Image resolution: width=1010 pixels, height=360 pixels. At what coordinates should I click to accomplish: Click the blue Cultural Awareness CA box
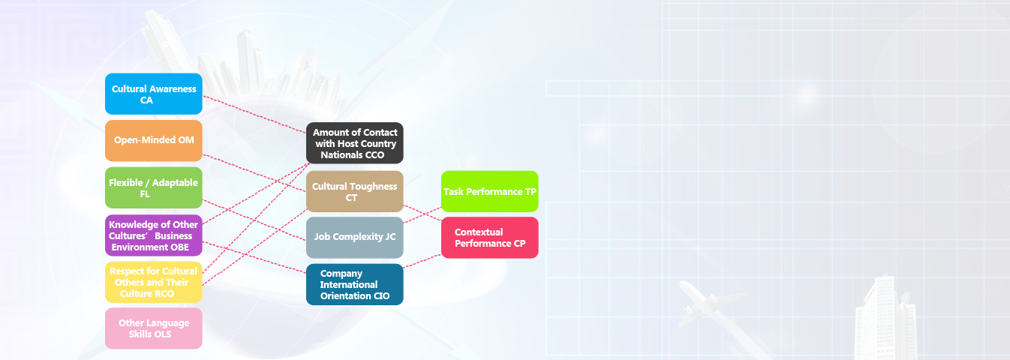[x=154, y=94]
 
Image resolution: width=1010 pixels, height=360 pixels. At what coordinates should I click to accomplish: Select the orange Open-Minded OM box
[x=154, y=140]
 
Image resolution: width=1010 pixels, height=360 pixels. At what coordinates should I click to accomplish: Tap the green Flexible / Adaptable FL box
[x=154, y=188]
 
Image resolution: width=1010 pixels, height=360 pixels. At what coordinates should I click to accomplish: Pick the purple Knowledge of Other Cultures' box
[x=154, y=235]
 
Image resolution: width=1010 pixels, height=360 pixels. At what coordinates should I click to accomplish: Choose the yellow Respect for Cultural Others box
[x=154, y=282]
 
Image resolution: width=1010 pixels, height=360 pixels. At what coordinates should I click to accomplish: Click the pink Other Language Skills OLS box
[x=154, y=328]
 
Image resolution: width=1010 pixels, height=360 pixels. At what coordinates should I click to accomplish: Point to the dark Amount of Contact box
[x=355, y=142]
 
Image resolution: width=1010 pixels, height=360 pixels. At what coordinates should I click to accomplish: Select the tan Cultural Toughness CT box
[x=355, y=191]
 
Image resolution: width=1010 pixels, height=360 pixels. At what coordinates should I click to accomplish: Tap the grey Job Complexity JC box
[x=355, y=238]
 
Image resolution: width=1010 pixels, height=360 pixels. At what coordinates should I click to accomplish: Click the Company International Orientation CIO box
[x=355, y=284]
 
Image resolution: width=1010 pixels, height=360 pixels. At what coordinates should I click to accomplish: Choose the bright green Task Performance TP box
[x=490, y=191]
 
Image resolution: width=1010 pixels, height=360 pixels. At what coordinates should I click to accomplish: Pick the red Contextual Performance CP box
[x=490, y=238]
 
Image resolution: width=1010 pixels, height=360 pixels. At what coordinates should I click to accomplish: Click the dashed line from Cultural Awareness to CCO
[x=254, y=115]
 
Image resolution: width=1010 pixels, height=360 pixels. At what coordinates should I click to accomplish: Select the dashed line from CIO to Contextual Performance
[x=422, y=261]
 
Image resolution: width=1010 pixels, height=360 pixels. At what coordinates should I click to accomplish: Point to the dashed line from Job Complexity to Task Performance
[x=422, y=215]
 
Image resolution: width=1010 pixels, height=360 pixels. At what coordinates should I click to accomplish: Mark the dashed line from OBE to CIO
[x=254, y=257]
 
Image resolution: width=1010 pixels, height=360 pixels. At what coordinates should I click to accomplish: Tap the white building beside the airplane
[x=886, y=318]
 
